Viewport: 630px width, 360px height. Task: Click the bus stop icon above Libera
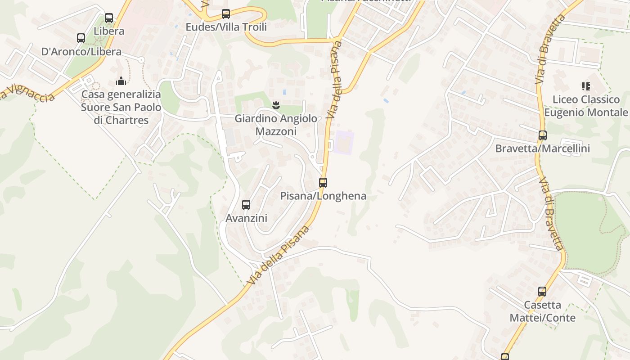(109, 18)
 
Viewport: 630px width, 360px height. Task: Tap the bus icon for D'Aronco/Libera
(81, 38)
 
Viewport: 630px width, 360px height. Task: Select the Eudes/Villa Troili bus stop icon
(226, 14)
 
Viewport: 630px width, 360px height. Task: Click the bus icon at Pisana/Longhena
(323, 183)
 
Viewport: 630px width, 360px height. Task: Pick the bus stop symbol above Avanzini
(246, 205)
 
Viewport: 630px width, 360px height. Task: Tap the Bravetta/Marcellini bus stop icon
(543, 135)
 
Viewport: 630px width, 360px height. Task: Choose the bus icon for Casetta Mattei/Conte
(542, 292)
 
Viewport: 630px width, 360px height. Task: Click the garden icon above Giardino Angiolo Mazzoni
(276, 105)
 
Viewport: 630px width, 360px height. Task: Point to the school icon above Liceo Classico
(585, 86)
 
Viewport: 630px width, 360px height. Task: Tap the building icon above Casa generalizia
(121, 81)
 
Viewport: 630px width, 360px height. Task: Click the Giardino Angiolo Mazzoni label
(276, 125)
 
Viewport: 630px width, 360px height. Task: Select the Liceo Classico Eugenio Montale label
(586, 106)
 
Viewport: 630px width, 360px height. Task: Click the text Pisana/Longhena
(323, 196)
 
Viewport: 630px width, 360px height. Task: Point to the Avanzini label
(246, 218)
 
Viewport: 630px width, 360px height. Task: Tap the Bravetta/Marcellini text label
(542, 148)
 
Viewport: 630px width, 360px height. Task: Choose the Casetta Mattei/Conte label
(542, 311)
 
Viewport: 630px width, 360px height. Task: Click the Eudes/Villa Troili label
(226, 27)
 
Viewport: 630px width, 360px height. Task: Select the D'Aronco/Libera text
(81, 52)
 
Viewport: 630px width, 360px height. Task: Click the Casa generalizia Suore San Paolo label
(121, 108)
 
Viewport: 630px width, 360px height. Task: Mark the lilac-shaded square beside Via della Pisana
(344, 143)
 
